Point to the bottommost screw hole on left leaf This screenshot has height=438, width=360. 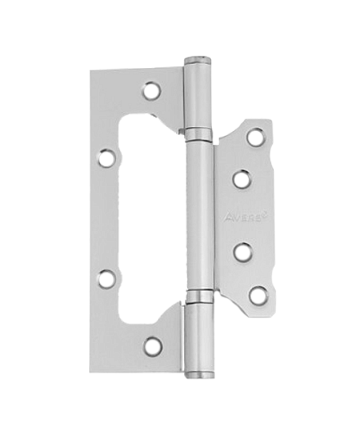point(152,345)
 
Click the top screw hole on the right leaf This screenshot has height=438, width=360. point(255,135)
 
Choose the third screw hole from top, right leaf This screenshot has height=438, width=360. point(241,251)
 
